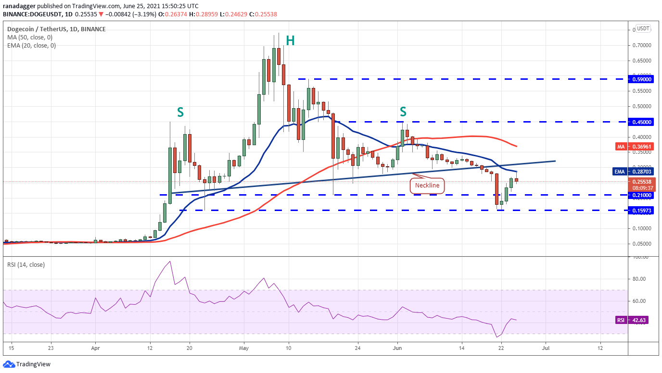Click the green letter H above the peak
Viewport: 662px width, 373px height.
(290, 41)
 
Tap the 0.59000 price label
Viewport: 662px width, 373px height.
(641, 79)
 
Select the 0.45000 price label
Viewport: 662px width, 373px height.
(641, 122)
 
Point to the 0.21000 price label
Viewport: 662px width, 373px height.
(641, 195)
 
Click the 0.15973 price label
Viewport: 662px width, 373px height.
(641, 210)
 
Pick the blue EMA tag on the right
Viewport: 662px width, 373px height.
(620, 171)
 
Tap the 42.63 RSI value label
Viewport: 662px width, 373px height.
(641, 320)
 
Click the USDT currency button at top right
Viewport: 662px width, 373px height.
(643, 29)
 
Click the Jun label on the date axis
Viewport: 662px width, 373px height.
(397, 348)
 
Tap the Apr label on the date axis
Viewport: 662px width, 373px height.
(95, 348)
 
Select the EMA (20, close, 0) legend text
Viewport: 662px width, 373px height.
(32, 46)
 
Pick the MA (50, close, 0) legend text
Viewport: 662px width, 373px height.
(30, 37)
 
